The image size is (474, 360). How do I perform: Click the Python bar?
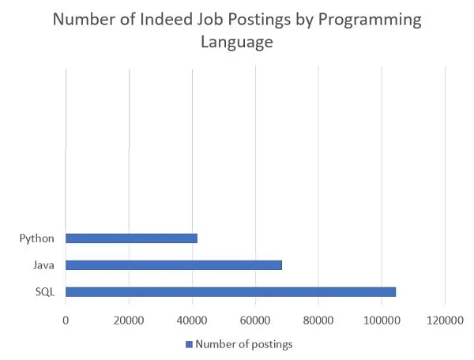[x=131, y=238]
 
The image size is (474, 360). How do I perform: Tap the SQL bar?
[x=231, y=291]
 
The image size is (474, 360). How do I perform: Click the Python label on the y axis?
[x=38, y=238]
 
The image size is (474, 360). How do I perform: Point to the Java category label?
[x=44, y=264]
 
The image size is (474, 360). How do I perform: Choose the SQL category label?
[x=45, y=291]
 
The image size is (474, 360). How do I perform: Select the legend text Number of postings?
[x=244, y=343]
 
